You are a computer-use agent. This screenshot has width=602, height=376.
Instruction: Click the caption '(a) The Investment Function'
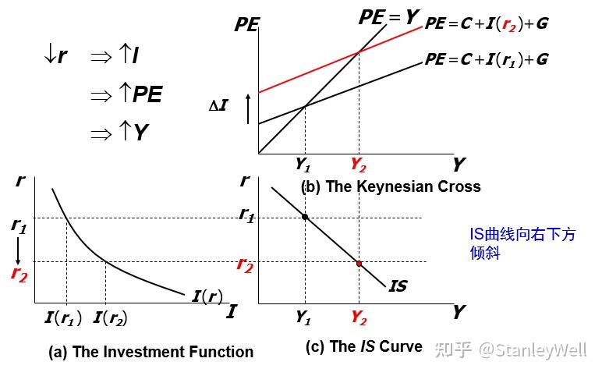coord(150,352)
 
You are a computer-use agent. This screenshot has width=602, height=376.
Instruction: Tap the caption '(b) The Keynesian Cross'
coord(391,186)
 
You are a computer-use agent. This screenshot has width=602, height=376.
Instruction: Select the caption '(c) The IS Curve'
coord(363,347)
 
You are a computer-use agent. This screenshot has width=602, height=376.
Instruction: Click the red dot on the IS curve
coord(359,264)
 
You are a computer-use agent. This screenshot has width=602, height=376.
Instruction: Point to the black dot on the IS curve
coord(305,216)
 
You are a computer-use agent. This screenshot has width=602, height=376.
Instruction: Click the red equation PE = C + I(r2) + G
coord(486,23)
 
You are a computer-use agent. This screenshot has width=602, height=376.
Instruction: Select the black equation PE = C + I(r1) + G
coord(486,59)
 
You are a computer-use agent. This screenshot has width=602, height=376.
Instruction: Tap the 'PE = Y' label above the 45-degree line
coord(389,16)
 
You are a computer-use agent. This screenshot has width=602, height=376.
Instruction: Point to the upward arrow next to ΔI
coord(247,108)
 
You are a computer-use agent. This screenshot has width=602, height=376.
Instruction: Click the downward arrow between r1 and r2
coord(18,250)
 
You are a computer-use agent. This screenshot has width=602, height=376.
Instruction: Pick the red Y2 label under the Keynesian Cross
coord(359,165)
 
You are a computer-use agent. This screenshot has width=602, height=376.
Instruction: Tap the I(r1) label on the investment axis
coord(63,317)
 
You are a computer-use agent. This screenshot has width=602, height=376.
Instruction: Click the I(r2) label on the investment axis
coord(109,317)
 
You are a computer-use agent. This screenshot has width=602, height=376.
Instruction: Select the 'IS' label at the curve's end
coord(397,286)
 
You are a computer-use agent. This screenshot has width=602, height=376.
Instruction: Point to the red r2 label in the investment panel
coord(19,273)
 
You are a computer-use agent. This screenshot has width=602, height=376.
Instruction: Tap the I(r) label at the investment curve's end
coord(206,296)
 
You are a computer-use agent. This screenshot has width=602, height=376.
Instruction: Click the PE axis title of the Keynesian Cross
coord(246,25)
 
